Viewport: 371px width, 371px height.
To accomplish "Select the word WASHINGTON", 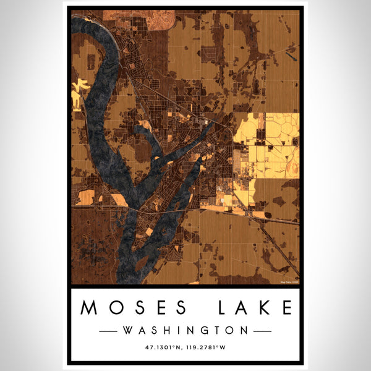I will [185, 331].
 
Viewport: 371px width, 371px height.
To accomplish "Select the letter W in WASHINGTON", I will [128, 331].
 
